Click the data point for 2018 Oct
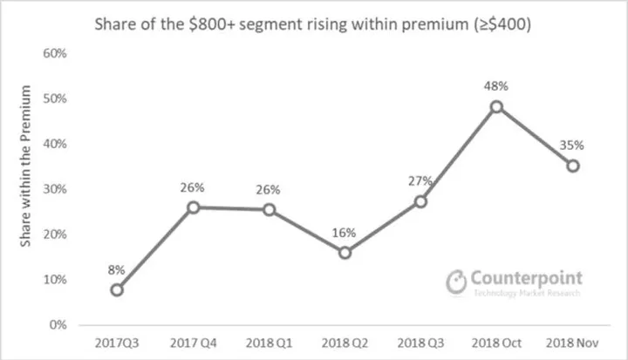[x=496, y=106]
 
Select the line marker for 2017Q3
[x=117, y=289]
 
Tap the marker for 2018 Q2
[x=345, y=253]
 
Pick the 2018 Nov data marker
[x=572, y=166]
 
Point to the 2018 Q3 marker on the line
[x=420, y=201]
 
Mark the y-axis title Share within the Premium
[x=27, y=166]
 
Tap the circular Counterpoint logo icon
[x=456, y=282]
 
